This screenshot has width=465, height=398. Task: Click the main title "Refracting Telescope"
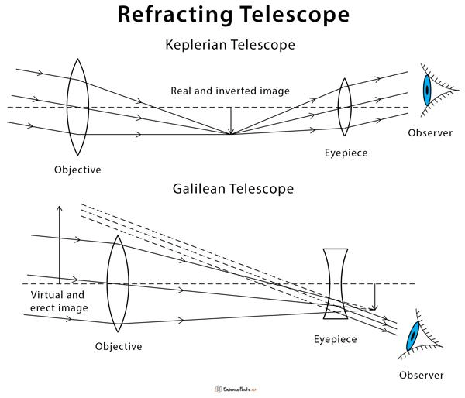point(233,14)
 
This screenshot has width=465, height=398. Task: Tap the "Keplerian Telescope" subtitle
point(230,45)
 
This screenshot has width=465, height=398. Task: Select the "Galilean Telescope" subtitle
point(233,189)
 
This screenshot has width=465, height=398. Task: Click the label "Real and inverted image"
point(230,91)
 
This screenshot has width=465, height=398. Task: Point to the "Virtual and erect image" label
point(59,301)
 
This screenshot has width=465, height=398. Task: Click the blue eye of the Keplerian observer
point(427,90)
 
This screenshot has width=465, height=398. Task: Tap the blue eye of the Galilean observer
point(412,336)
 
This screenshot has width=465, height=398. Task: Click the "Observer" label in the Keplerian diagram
point(430,132)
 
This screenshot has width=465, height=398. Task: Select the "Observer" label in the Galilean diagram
point(421,376)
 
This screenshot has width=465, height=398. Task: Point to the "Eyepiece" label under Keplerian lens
point(346,153)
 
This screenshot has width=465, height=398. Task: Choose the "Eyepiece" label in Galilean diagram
point(335,339)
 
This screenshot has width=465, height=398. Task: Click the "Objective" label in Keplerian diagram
point(77,170)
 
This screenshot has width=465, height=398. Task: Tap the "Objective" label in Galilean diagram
point(119,346)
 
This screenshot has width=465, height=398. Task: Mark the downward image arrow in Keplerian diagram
point(231,121)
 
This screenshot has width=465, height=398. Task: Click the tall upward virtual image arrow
point(60,245)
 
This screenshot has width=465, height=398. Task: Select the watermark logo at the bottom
point(235,389)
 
